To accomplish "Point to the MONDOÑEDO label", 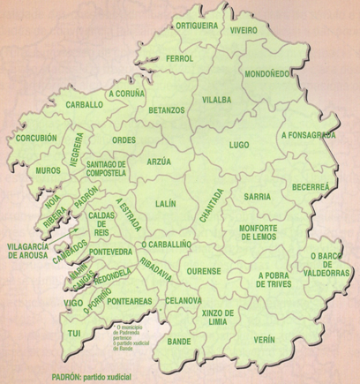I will click(266, 73).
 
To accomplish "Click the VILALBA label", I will click(216, 101).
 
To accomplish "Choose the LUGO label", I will click(238, 144).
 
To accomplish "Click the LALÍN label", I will click(165, 204).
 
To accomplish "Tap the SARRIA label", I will click(258, 196).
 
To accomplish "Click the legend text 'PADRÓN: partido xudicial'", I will click(91, 375).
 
